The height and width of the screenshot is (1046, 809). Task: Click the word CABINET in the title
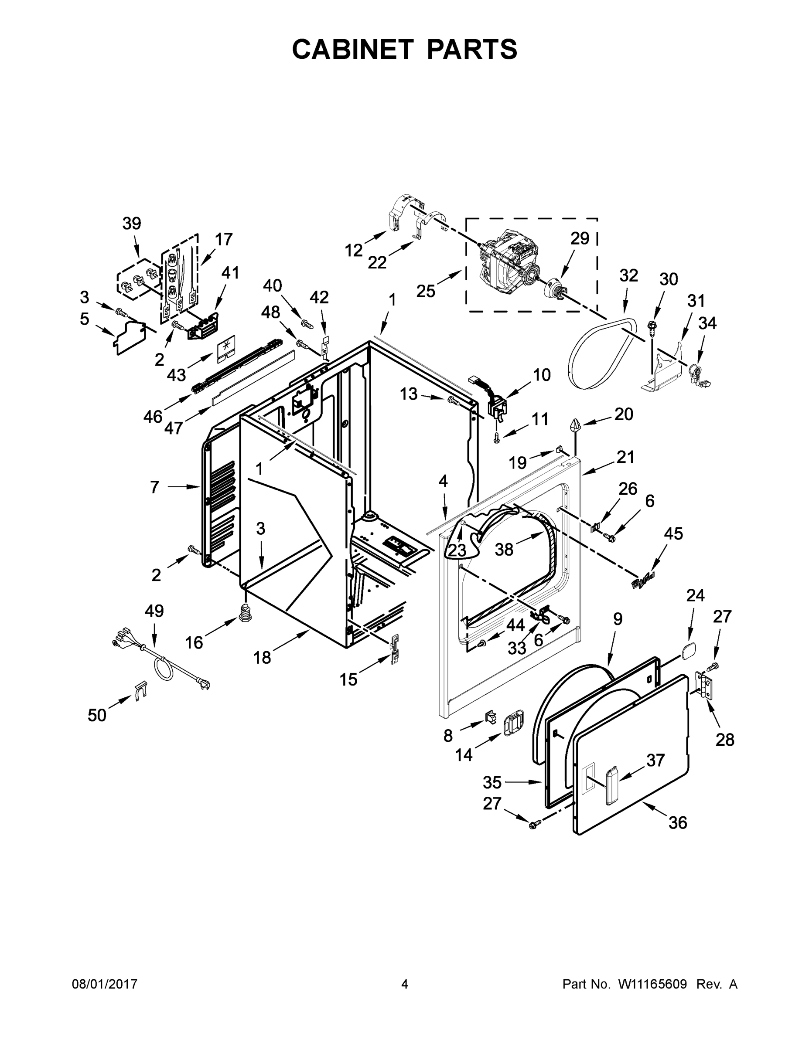353,49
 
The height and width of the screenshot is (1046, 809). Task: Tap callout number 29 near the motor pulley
580,238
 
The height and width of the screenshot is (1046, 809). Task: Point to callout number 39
132,224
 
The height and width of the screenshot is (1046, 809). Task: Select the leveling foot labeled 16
246,612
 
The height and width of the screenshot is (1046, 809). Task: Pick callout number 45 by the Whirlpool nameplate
673,533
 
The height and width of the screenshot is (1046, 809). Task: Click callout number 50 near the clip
97,715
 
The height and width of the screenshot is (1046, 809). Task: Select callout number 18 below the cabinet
262,657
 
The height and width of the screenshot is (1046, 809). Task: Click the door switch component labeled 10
496,407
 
